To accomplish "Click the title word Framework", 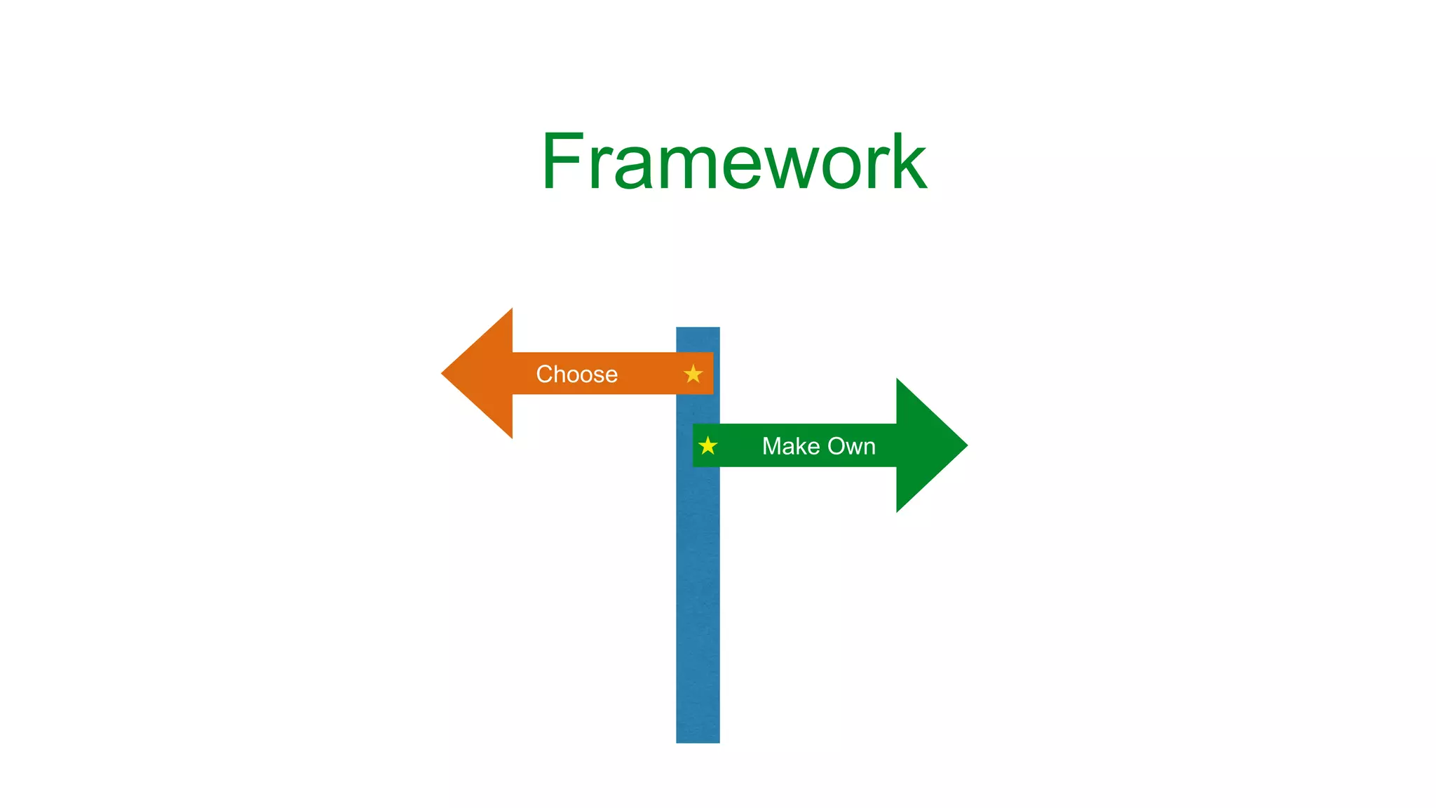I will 733,162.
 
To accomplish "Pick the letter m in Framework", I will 691,168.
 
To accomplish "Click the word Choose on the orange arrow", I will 576,374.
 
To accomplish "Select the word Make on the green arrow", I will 791,446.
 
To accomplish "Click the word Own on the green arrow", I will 852,446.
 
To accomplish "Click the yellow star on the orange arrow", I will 693,374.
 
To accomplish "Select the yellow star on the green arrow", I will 708,445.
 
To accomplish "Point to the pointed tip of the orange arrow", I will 444,373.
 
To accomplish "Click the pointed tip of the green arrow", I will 965,445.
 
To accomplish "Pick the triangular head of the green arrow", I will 922,445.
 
